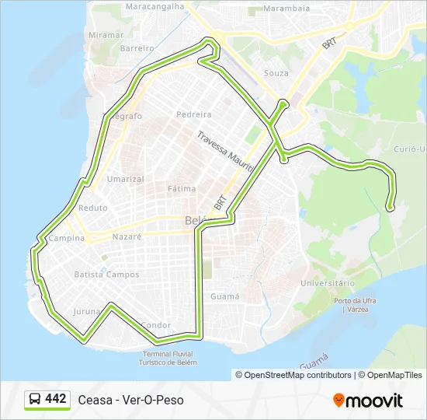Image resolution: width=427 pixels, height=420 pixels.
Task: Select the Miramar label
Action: (106, 35)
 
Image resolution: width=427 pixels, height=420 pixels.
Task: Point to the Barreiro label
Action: (138, 47)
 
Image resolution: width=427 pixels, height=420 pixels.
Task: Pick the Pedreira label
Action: (194, 114)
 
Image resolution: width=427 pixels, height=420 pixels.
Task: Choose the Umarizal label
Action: (126, 179)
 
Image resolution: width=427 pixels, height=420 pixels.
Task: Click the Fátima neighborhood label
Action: (182, 188)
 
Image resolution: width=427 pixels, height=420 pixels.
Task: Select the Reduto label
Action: (93, 208)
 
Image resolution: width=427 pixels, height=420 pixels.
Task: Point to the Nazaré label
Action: (127, 236)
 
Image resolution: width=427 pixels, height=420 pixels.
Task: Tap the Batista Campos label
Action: (106, 275)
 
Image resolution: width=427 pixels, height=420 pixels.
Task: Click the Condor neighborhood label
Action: (157, 325)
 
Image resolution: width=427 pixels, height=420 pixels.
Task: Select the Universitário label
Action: (328, 283)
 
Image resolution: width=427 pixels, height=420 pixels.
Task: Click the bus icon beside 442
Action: (36, 400)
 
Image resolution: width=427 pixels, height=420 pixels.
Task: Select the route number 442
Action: (56, 399)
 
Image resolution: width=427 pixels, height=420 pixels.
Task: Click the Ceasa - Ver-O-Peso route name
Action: (131, 400)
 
